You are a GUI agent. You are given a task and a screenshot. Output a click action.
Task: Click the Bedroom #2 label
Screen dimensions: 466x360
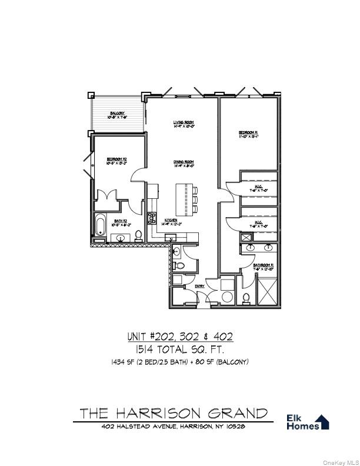click(118, 160)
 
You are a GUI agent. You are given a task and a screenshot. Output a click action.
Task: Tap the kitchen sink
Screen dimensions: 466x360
click(171, 237)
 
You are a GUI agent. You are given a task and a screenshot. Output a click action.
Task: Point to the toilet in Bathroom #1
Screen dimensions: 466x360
click(246, 296)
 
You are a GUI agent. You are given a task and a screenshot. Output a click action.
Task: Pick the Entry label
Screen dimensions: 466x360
click(199, 287)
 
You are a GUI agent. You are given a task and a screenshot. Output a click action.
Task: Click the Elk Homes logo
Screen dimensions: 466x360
click(307, 422)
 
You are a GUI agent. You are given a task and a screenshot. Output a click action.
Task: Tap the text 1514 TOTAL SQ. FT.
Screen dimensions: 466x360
click(180, 349)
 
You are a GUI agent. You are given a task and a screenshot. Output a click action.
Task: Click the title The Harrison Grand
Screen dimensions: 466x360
click(174, 413)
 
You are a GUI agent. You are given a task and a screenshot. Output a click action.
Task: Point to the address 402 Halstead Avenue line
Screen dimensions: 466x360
click(174, 427)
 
